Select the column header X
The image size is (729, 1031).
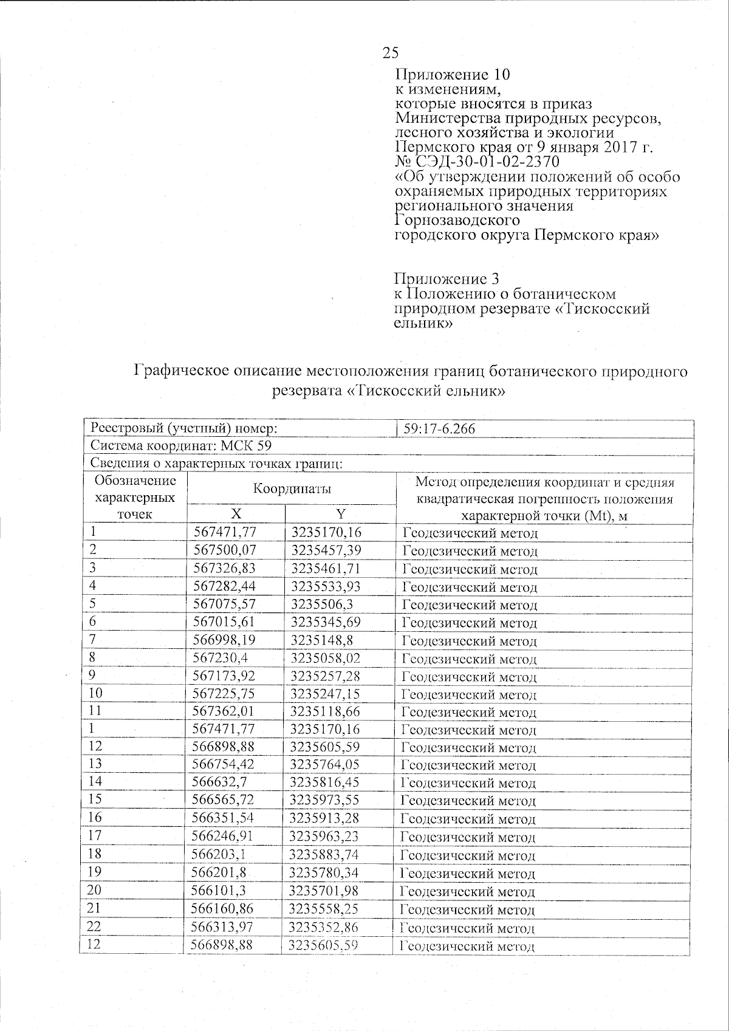pyautogui.click(x=236, y=514)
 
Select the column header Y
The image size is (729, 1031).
pyautogui.click(x=341, y=514)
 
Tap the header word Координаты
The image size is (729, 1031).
pyautogui.click(x=292, y=488)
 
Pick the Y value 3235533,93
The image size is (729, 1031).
pyautogui.click(x=325, y=586)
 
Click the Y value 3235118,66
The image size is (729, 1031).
pyautogui.click(x=325, y=711)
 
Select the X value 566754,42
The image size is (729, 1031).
pyautogui.click(x=224, y=765)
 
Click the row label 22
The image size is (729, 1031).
pyautogui.click(x=94, y=927)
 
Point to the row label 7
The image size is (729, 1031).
pyautogui.click(x=92, y=640)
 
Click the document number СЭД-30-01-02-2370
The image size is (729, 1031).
pyautogui.click(x=485, y=162)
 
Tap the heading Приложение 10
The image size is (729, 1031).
pyautogui.click(x=452, y=75)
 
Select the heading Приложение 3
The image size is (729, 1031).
pyautogui.click(x=447, y=279)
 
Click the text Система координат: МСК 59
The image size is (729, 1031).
pyautogui.click(x=180, y=447)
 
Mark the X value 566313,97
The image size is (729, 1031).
pyautogui.click(x=222, y=927)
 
